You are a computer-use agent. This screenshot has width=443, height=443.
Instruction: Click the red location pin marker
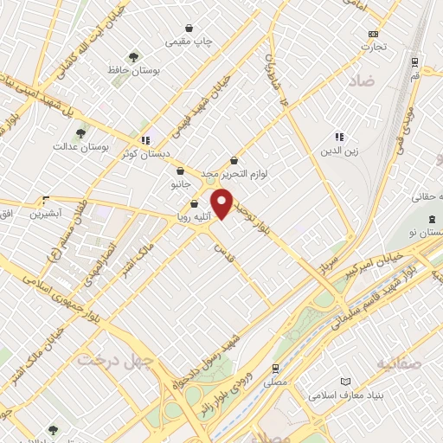coord(222,203)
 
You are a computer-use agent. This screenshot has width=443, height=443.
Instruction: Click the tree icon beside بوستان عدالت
coord(80,134)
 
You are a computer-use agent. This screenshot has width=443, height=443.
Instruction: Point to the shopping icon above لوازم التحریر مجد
coord(234,160)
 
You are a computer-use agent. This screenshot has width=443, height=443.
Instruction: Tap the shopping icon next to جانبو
coord(179,171)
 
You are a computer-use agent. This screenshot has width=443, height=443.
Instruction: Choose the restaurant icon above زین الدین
coord(339,136)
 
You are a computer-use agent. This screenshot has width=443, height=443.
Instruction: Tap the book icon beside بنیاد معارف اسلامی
coord(347,382)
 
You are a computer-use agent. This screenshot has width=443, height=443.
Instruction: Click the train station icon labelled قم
coord(414,62)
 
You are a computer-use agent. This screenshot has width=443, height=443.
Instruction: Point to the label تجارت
coord(374,47)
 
